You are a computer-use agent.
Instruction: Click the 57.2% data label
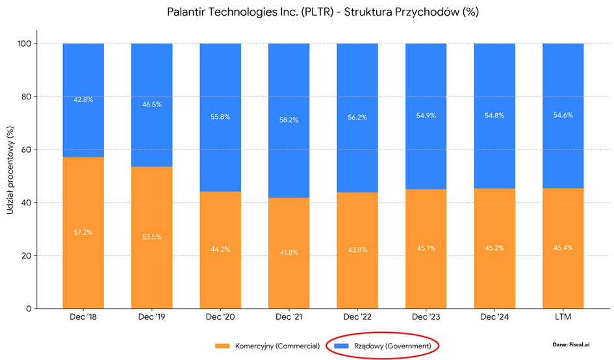[83, 232]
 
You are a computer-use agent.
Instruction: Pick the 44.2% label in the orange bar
[220, 250]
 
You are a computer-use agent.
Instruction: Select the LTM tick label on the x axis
[563, 318]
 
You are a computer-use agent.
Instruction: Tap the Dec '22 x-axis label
[357, 318]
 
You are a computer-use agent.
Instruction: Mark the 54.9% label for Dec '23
[426, 115]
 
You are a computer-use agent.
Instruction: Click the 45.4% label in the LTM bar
[563, 248]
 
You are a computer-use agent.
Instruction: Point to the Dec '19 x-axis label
[151, 318]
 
